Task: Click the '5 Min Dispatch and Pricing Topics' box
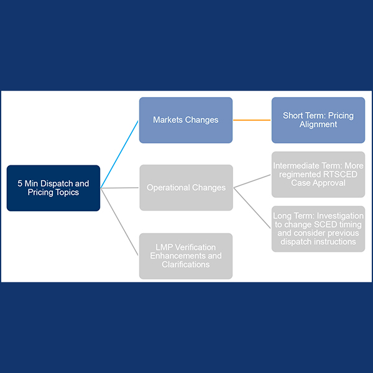pyautogui.click(x=53, y=188)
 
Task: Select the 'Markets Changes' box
pyautogui.click(x=186, y=120)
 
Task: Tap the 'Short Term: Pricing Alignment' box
pyautogui.click(x=318, y=120)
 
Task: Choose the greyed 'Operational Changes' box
pyautogui.click(x=186, y=188)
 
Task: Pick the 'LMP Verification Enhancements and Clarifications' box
pyautogui.click(x=186, y=256)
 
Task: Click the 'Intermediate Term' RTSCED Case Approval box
pyautogui.click(x=318, y=175)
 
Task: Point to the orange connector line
pyautogui.click(x=252, y=120)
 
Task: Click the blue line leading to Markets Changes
pyautogui.click(x=120, y=154)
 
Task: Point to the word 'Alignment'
pyautogui.click(x=318, y=124)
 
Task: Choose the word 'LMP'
pyautogui.click(x=163, y=247)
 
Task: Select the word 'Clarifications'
pyautogui.click(x=186, y=264)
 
